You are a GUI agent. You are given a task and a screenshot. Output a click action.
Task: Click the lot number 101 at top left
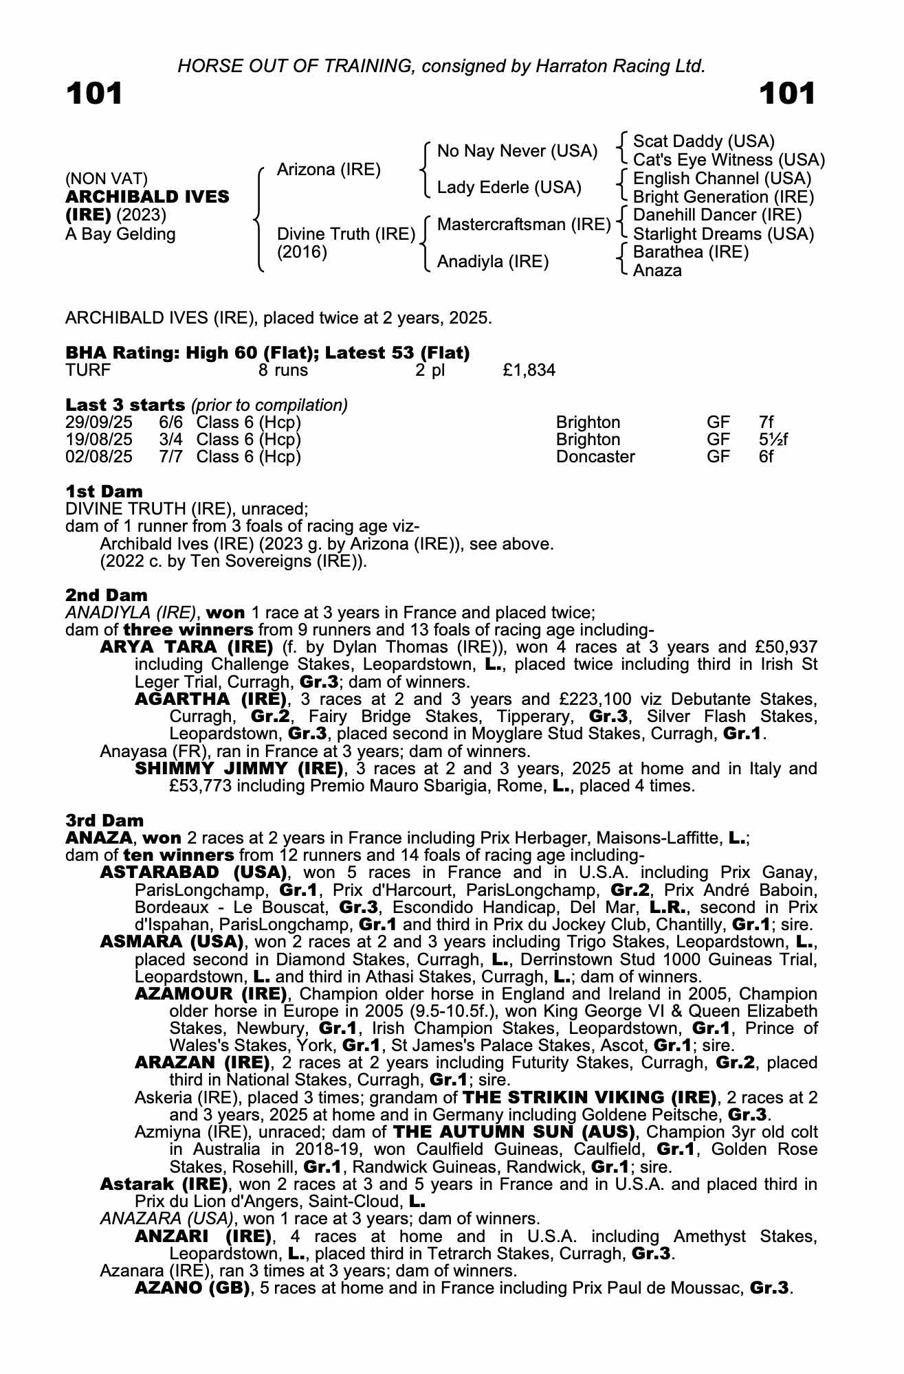pyautogui.click(x=94, y=93)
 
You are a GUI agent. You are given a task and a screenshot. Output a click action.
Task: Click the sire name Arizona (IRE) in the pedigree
pyautogui.click(x=328, y=170)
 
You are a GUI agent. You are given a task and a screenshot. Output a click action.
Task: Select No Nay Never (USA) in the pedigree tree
pyautogui.click(x=517, y=151)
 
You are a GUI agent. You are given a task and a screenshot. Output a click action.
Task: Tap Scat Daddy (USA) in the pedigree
pyautogui.click(x=703, y=142)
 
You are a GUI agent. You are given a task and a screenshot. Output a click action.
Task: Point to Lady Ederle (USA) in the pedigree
pyautogui.click(x=509, y=188)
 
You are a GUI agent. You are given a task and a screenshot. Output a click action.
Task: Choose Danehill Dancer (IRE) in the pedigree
pyautogui.click(x=717, y=215)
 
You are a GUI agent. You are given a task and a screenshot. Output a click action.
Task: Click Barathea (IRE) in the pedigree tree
pyautogui.click(x=690, y=252)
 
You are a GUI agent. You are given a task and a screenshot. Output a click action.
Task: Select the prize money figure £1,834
pyautogui.click(x=529, y=371)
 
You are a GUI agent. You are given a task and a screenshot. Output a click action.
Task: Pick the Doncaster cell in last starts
pyautogui.click(x=595, y=457)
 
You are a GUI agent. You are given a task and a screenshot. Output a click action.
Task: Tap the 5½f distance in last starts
pyautogui.click(x=773, y=440)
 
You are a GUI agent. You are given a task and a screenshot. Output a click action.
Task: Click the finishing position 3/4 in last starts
pyautogui.click(x=170, y=440)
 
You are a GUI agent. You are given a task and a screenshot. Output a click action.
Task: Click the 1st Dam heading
pyautogui.click(x=104, y=491)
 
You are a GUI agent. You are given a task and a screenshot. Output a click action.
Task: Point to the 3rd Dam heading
pyautogui.click(x=104, y=820)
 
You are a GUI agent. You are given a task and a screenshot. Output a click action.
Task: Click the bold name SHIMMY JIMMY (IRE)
pyautogui.click(x=239, y=768)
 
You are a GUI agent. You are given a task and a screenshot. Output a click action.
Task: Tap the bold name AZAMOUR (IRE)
pyautogui.click(x=210, y=994)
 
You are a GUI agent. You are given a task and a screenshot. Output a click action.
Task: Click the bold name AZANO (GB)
pyautogui.click(x=192, y=1288)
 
